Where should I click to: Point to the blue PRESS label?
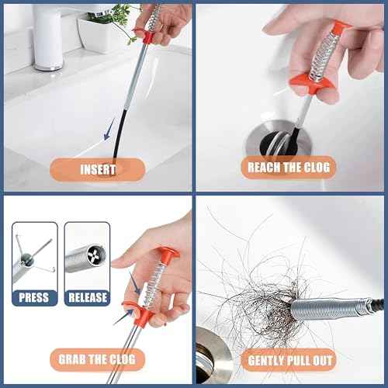33,297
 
